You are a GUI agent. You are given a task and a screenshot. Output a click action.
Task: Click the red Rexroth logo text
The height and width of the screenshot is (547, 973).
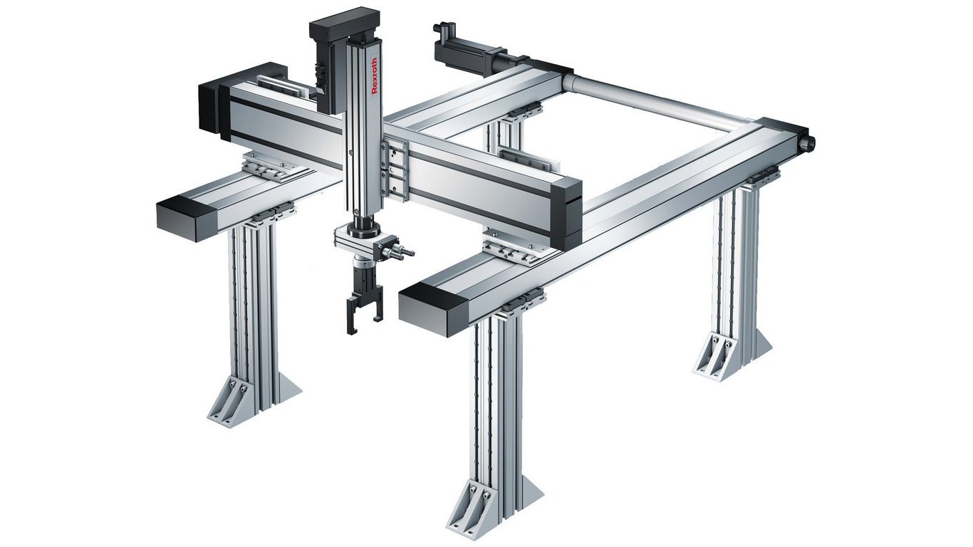pyautogui.click(x=375, y=75)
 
